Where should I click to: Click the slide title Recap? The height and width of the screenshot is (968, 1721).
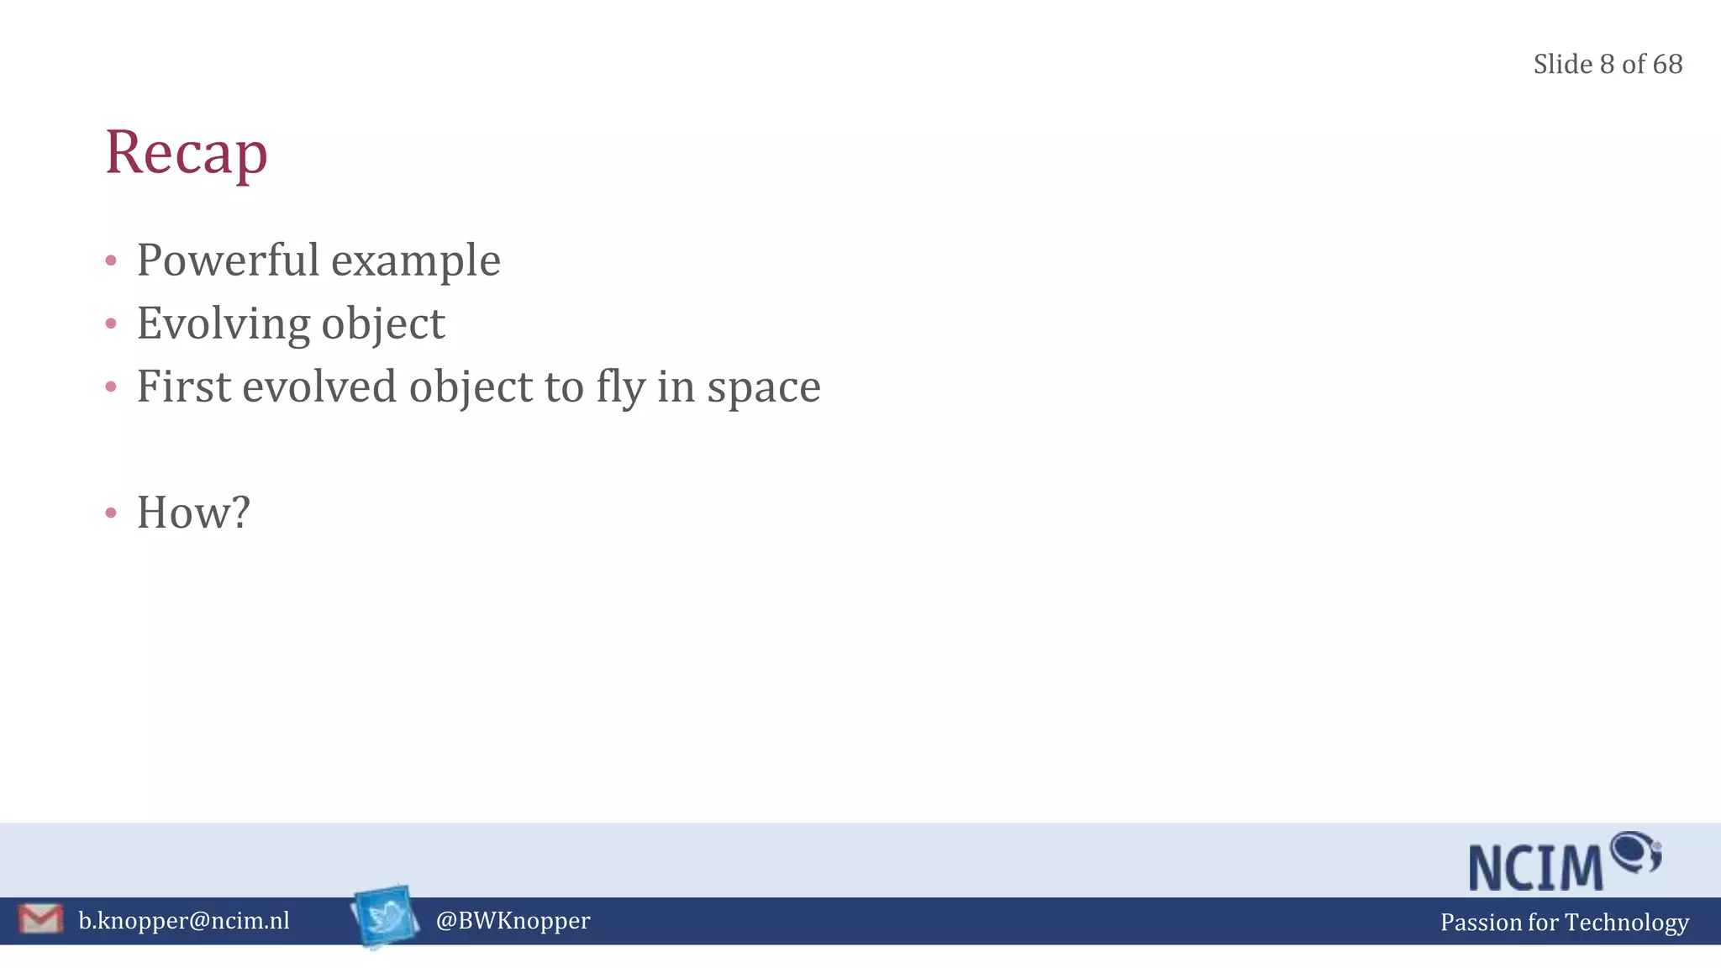[x=187, y=153]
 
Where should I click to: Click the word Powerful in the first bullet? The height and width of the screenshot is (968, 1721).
[x=228, y=260]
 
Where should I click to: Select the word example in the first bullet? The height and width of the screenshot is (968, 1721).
[x=416, y=261]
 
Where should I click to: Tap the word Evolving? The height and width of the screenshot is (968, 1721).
[x=223, y=324]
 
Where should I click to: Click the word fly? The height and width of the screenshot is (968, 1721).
[x=621, y=388]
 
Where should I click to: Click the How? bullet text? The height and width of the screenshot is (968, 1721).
[x=193, y=513]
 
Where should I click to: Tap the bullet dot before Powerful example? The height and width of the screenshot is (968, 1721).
[x=111, y=260]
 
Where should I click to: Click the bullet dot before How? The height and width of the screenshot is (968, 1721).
[x=111, y=513]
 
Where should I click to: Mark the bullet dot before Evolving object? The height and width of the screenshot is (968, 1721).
[x=111, y=324]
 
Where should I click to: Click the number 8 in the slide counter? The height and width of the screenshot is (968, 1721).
[x=1607, y=65]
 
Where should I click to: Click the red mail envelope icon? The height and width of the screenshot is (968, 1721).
[x=40, y=918]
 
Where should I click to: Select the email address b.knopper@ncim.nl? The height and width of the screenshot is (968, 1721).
[x=184, y=921]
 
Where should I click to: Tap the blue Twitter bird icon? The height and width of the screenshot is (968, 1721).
[x=386, y=916]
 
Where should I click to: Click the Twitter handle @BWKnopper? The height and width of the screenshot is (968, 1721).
[x=513, y=921]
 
